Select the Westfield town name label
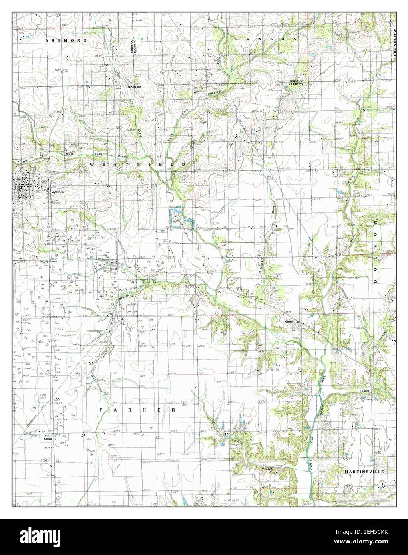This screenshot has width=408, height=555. point(56,192)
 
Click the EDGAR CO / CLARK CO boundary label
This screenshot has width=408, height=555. point(296,83)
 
